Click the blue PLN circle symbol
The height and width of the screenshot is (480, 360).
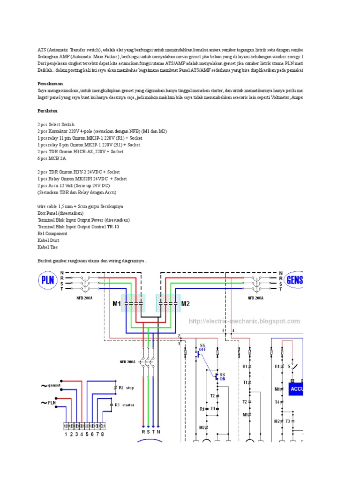(47, 281)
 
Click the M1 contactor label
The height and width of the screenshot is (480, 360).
(116, 304)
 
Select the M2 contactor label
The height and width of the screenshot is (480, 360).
(186, 304)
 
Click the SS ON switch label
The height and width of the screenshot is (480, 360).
(222, 377)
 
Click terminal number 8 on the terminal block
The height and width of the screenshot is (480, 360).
(102, 434)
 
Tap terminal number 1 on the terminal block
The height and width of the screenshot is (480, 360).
(66, 434)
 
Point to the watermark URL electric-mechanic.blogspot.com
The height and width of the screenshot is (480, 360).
(244, 321)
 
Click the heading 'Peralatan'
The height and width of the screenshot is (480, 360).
(47, 111)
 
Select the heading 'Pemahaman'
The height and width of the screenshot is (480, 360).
(50, 83)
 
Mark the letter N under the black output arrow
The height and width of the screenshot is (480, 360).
(159, 432)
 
